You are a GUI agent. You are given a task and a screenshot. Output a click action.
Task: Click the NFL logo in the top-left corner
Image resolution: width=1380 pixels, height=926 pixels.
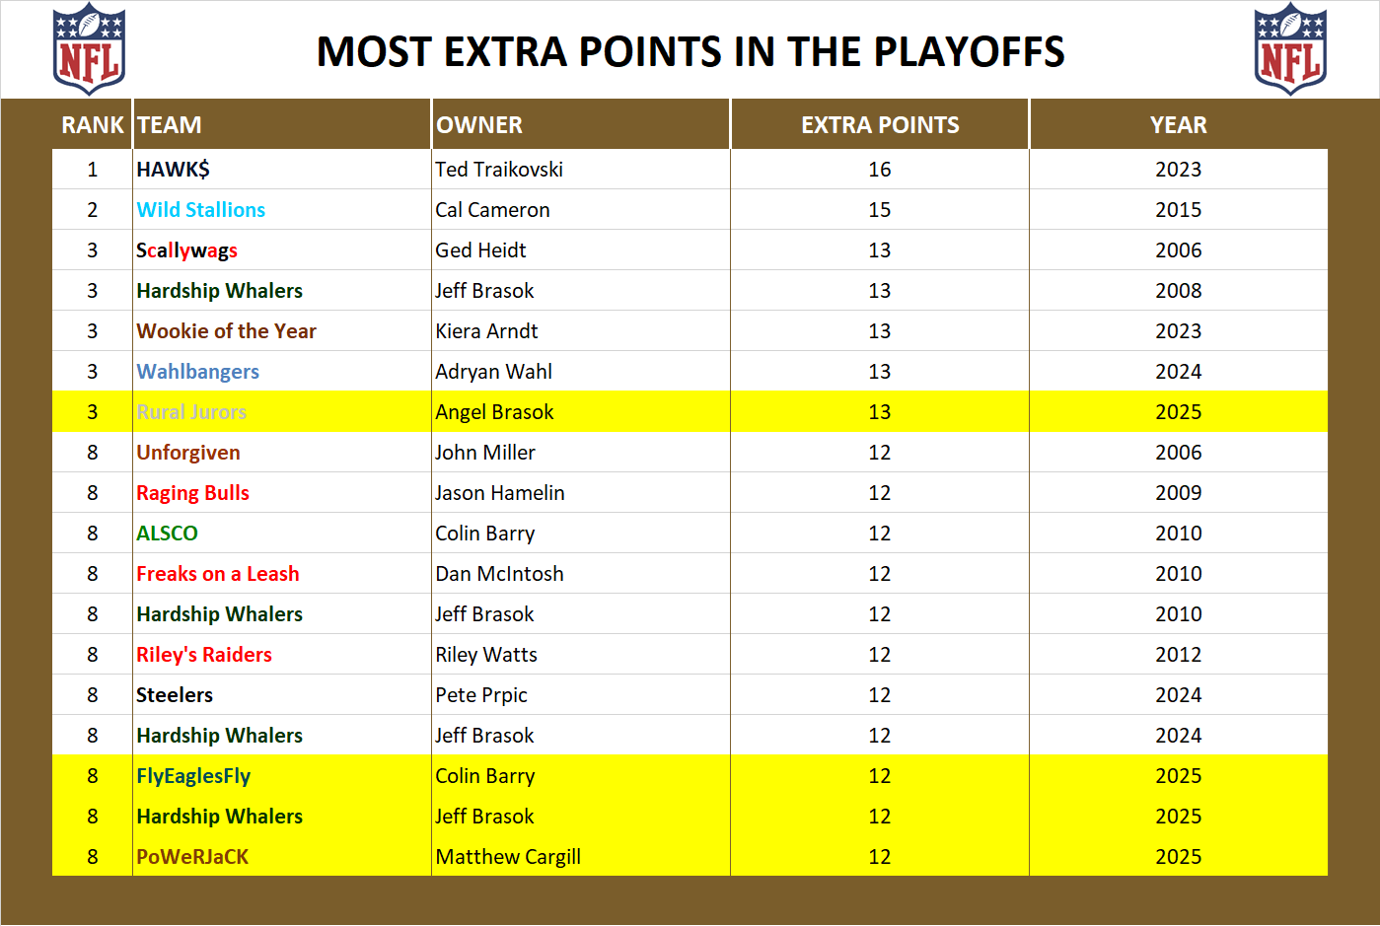coord(89,49)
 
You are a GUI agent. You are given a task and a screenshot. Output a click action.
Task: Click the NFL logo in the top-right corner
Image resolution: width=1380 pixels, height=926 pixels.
coord(1290,49)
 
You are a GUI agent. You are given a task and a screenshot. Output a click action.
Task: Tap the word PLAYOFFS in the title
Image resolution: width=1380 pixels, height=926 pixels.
coord(970,52)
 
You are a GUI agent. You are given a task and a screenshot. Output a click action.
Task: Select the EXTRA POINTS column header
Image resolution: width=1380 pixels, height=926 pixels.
coord(880,125)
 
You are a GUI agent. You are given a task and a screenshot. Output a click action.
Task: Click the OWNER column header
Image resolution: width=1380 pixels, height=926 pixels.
coord(479,125)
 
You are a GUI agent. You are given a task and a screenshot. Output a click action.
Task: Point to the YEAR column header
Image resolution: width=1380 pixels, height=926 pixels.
coord(1178,125)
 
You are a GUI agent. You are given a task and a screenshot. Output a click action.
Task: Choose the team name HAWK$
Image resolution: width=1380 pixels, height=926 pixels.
coord(174,170)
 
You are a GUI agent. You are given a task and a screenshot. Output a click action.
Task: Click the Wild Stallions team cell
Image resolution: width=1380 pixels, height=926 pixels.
coord(201,210)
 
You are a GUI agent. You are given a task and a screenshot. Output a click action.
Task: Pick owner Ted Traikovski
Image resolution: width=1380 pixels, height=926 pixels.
coord(499,170)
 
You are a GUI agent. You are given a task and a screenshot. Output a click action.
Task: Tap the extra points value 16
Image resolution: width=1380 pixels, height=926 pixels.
coord(880,170)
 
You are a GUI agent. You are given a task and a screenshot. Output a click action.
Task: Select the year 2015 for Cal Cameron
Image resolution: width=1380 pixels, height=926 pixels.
coord(1178,210)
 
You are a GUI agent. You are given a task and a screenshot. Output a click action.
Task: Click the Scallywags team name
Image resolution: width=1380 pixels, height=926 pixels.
coord(187,250)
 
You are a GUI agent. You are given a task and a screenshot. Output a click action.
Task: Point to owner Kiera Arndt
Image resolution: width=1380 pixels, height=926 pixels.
coord(486,331)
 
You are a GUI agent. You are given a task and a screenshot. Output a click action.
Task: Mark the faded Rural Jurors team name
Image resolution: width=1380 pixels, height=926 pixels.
coord(191,412)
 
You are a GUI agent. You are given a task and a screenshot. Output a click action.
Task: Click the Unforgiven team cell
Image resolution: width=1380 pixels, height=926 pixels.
coord(188,453)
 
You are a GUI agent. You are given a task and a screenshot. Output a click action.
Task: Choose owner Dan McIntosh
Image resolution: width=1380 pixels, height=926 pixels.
coord(499,574)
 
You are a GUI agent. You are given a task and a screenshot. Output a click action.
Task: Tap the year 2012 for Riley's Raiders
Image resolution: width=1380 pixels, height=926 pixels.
coord(1178,655)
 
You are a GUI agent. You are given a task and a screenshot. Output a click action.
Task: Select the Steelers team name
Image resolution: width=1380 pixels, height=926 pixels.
coord(175,695)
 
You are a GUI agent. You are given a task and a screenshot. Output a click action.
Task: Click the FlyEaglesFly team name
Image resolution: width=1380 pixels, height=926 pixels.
coord(193,776)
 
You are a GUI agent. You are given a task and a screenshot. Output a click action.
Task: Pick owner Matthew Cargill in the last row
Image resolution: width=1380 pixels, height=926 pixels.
coord(508,857)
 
